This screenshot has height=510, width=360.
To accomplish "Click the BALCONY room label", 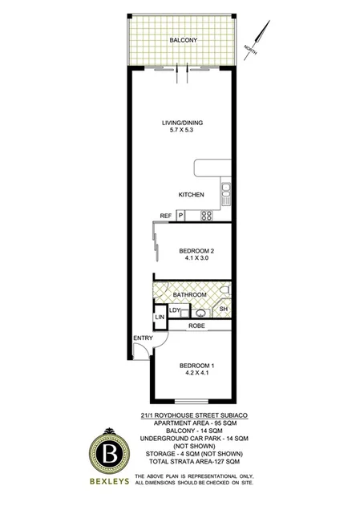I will pyautogui.click(x=183, y=40).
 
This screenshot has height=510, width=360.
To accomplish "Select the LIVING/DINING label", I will pyautogui.click(x=183, y=122).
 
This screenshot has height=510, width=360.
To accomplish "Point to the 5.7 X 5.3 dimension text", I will pyautogui.click(x=183, y=132).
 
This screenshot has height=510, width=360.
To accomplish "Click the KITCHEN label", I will pyautogui.click(x=192, y=195).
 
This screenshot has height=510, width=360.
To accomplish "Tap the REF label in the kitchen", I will pyautogui.click(x=165, y=217).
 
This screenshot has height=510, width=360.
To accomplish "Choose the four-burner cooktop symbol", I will pyautogui.click(x=206, y=215).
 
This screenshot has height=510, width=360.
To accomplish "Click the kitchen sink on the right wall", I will pyautogui.click(x=226, y=192).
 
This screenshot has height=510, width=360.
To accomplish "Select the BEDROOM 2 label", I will pyautogui.click(x=196, y=251).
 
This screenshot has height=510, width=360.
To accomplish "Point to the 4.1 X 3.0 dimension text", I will pyautogui.click(x=196, y=260).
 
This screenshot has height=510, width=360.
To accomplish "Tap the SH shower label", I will pyautogui.click(x=224, y=310).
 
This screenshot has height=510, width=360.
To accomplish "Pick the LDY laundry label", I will pyautogui.click(x=175, y=310).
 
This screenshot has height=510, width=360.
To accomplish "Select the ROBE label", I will pyautogui.click(x=196, y=326).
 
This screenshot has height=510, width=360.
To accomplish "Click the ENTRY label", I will pyautogui.click(x=143, y=338).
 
